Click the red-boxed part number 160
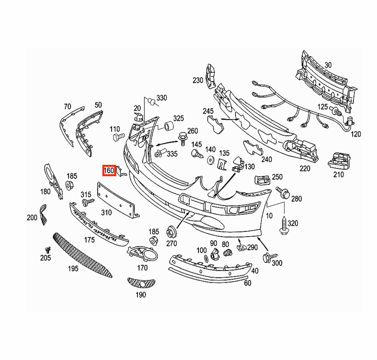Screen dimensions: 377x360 pyautogui.click(x=109, y=171)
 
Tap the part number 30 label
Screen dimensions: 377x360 pyautogui.click(x=328, y=65)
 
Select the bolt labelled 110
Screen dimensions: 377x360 pyautogui.click(x=119, y=137)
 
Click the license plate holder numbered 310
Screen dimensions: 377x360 pyautogui.click(x=118, y=200)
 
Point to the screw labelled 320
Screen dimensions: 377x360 pyautogui.click(x=284, y=226)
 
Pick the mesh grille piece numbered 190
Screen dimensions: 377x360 pyautogui.click(x=141, y=283)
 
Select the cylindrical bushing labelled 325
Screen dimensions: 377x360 pyautogui.click(x=169, y=127)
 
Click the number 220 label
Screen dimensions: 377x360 pyautogui.click(x=305, y=168)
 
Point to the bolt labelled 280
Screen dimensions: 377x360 pyautogui.click(x=284, y=192)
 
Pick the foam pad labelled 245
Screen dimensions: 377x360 pyautogui.click(x=215, y=124)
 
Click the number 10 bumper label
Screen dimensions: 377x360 pyautogui.click(x=269, y=216)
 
